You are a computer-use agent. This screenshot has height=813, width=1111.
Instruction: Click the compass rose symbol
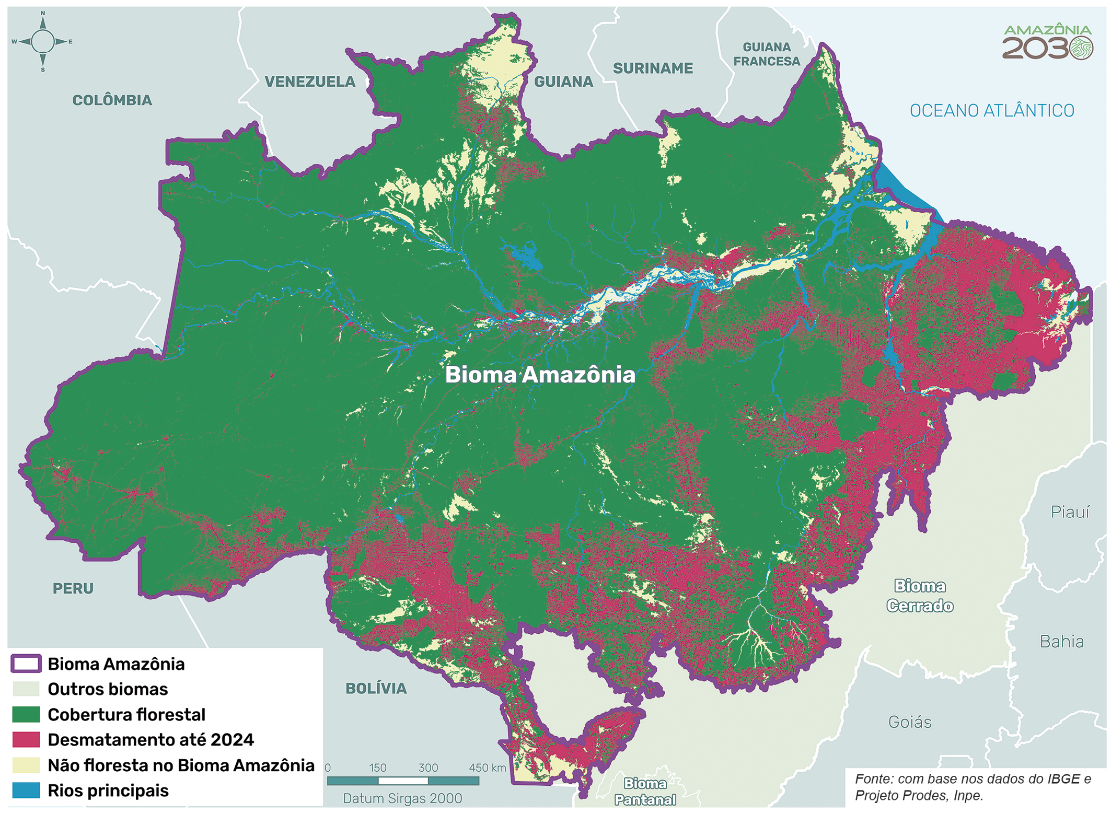click(x=42, y=42)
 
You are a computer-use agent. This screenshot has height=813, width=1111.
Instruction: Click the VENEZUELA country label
click(x=310, y=82)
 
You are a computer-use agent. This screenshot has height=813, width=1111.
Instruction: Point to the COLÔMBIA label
click(x=112, y=100)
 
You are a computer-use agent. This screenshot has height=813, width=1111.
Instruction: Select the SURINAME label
click(x=653, y=68)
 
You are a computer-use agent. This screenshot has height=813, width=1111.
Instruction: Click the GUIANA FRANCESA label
click(x=767, y=54)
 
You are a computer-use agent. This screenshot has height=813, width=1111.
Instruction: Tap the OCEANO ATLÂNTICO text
click(x=991, y=111)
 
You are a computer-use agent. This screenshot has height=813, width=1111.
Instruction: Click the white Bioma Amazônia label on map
click(x=540, y=375)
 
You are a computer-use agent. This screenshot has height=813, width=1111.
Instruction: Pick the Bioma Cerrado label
click(x=920, y=596)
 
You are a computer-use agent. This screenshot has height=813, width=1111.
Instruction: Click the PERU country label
click(x=73, y=589)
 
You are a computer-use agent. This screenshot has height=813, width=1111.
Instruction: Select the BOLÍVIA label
click(x=376, y=689)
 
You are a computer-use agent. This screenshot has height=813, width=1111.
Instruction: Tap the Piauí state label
click(x=1070, y=512)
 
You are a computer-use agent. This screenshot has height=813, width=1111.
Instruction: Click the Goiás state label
click(x=910, y=723)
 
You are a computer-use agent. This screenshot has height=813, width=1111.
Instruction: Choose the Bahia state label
click(x=1061, y=642)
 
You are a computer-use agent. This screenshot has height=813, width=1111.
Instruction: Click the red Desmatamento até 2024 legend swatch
click(x=26, y=740)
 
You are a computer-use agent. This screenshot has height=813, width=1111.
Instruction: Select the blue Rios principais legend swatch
click(x=26, y=791)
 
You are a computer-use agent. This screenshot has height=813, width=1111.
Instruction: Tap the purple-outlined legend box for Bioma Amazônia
click(x=26, y=664)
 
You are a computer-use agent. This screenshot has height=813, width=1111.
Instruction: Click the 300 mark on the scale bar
click(x=428, y=768)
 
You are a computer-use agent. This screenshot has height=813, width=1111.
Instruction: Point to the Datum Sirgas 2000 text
click(x=402, y=798)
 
